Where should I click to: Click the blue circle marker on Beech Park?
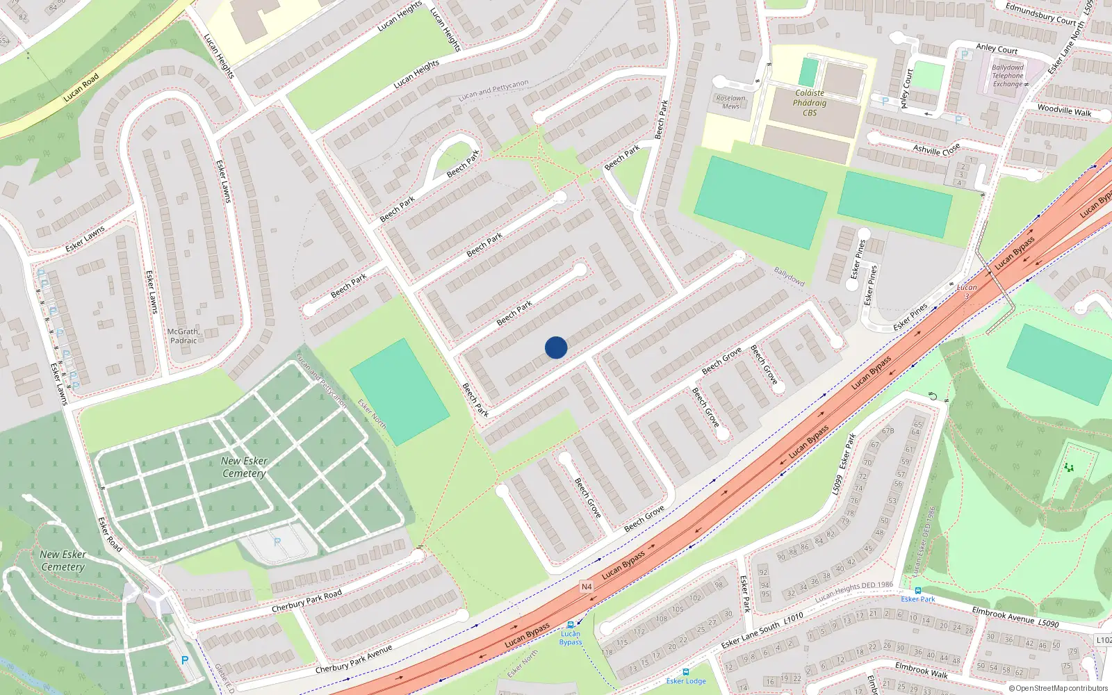point(556,347)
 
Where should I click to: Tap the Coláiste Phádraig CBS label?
point(810,103)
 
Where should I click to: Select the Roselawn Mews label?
point(730,102)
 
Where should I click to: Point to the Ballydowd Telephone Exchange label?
point(1008,76)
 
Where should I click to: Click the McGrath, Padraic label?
point(183,336)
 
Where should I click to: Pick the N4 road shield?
point(587,587)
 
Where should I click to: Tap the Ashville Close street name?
point(936,149)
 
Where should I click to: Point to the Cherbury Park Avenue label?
point(354,660)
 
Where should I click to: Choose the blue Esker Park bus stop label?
point(918,599)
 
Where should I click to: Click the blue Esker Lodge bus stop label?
point(686,681)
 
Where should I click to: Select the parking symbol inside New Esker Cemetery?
point(277,541)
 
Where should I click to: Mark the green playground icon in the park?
point(1069,468)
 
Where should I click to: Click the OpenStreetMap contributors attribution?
point(1058,689)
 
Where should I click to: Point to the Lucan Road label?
point(81,88)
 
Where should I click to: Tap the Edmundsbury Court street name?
point(1040,14)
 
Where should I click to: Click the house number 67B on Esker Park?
point(888,431)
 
